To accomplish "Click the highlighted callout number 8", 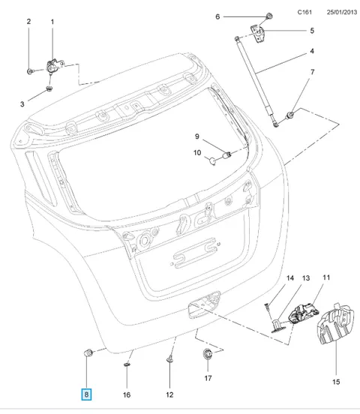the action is (86, 394).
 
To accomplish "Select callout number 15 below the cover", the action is (336, 382).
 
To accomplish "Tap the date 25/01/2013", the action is (342, 12).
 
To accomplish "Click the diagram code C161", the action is (304, 12).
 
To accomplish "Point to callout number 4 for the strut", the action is (312, 51).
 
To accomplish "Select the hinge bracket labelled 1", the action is (55, 65).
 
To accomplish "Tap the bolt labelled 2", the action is (30, 71).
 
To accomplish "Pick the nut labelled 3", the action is (49, 88).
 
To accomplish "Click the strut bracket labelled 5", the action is (257, 33).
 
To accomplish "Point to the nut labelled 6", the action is (269, 16).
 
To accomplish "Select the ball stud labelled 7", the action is (290, 115).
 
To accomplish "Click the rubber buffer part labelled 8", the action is (88, 352).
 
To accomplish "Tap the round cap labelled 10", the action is (213, 160).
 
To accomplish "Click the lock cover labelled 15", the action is (335, 325).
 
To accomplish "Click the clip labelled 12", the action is (169, 359).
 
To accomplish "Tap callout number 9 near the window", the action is (197, 136).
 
